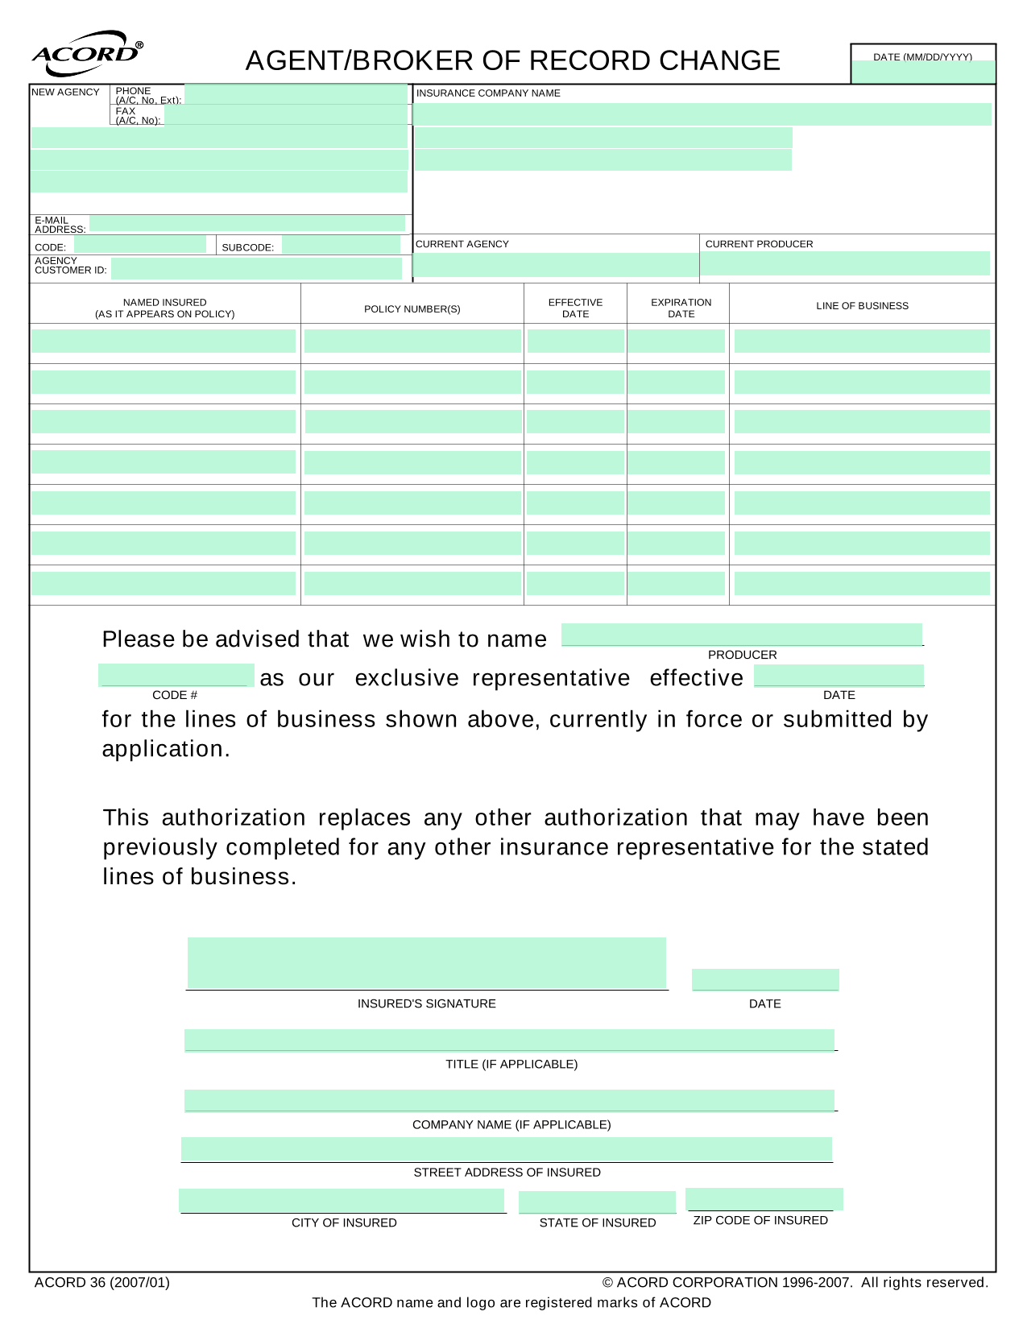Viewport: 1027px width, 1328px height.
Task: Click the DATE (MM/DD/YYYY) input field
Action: point(923,72)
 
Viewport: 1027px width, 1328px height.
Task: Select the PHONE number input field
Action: point(296,94)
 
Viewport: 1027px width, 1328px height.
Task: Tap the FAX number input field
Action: point(285,115)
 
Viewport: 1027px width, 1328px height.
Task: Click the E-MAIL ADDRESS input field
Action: point(247,223)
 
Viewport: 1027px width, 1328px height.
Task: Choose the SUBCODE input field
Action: point(341,245)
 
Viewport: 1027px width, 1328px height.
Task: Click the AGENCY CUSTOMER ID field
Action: point(256,268)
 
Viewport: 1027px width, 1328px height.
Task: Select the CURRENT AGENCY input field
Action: point(555,265)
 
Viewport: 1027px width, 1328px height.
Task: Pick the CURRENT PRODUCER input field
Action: point(845,263)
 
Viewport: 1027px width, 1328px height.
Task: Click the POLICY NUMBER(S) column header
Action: point(412,309)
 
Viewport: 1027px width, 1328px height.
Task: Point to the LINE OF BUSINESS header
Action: point(862,306)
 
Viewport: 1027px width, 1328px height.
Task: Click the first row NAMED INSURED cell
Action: point(164,341)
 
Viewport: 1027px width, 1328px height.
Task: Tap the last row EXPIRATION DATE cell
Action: point(677,583)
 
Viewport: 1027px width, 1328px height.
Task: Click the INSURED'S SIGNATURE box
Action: point(426,962)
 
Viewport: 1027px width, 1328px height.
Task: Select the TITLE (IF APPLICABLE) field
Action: point(509,1040)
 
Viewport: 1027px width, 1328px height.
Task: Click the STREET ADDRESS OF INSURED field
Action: point(506,1149)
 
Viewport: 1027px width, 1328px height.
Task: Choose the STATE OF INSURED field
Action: point(597,1202)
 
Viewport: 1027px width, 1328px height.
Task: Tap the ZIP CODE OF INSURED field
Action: point(764,1199)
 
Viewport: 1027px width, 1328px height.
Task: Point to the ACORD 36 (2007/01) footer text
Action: point(102,1283)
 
